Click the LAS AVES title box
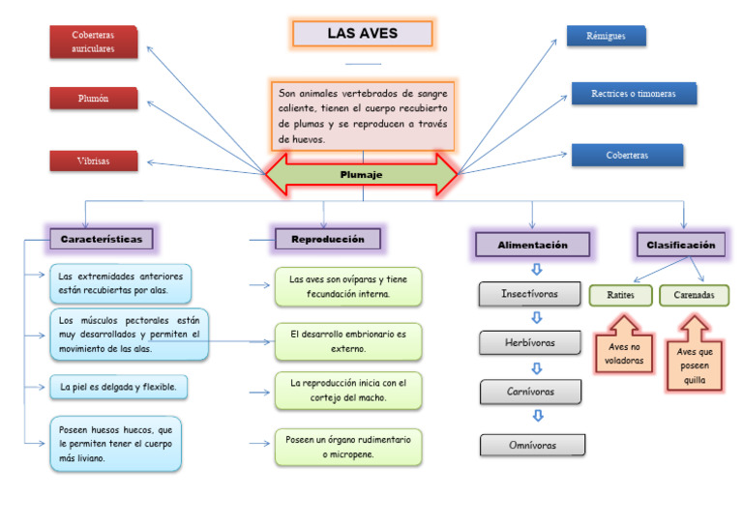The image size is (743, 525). [362, 34]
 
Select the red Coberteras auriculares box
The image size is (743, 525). [93, 42]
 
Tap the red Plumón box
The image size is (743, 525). [93, 99]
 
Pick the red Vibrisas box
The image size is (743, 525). [93, 160]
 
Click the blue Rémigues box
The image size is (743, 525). [606, 36]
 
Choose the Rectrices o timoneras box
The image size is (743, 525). [633, 94]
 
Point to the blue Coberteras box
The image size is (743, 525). [627, 155]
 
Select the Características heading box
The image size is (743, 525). [101, 238]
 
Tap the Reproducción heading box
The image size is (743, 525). [327, 239]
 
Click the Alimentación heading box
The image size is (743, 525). [532, 245]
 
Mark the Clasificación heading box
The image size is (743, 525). [681, 245]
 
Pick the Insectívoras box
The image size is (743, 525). [529, 293]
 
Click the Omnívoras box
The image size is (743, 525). [533, 445]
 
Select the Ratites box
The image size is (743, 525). [620, 295]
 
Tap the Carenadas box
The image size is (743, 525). [694, 295]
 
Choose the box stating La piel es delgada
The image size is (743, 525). [118, 388]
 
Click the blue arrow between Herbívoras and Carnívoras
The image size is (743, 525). [537, 367]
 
